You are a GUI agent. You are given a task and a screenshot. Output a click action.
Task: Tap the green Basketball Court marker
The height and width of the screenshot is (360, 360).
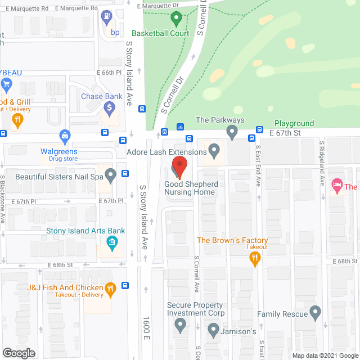tap(175, 19)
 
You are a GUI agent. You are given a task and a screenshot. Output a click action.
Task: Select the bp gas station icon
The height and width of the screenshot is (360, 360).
tap(106, 16)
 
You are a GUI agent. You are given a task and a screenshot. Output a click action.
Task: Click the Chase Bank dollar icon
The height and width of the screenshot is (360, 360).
tap(111, 107)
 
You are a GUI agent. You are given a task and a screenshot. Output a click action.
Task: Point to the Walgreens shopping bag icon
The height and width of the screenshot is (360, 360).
tap(65, 136)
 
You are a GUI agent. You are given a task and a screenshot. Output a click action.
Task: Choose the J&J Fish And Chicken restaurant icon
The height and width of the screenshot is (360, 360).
tap(111, 289)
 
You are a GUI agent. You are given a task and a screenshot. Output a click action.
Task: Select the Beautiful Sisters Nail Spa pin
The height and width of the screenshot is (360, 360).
tap(111, 176)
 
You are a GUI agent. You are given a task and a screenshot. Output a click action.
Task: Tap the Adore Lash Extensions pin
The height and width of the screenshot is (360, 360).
tap(214, 150)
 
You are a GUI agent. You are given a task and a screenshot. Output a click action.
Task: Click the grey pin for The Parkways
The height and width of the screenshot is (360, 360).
tap(232, 133)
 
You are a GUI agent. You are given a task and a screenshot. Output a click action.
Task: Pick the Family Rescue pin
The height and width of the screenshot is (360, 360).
tap(315, 311)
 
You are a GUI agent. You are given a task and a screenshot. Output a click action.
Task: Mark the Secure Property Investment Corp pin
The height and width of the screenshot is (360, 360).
tap(180, 323)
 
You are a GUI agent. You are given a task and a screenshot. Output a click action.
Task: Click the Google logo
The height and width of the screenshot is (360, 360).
tap(19, 353)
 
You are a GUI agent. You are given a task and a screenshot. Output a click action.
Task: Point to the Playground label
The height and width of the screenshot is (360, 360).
tap(294, 123)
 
